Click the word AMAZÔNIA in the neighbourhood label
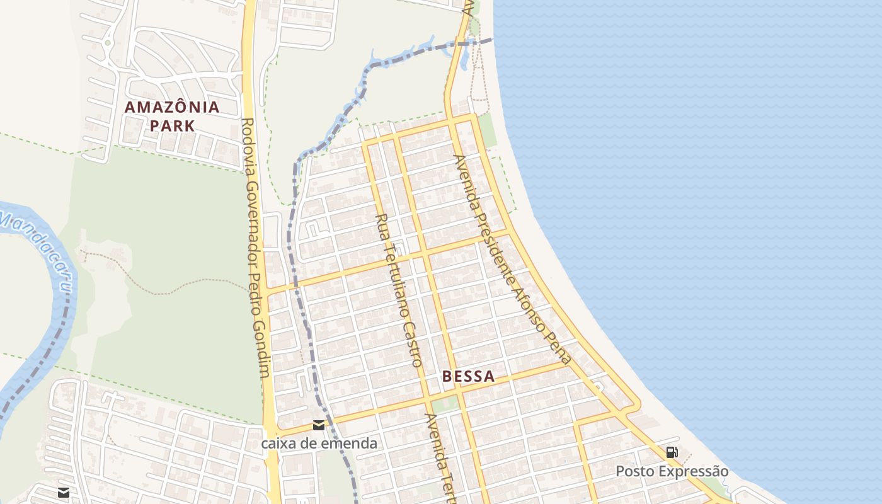point(172,107)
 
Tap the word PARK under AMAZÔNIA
point(172,125)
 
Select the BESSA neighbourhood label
point(468,377)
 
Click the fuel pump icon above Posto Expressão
point(672,452)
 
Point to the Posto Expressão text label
point(672,471)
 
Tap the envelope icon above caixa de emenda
point(319,425)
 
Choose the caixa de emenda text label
point(319,444)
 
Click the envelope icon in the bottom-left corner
point(64,492)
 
